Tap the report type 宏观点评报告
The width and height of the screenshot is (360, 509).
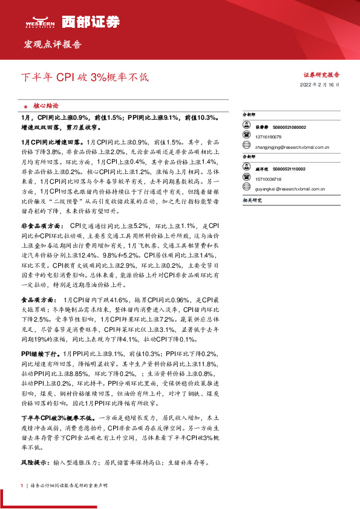coord(52,45)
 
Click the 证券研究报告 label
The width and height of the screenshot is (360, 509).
coord(321,75)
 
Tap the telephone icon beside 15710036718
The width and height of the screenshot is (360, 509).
coord(246,179)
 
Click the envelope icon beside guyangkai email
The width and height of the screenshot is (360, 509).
coord(246,188)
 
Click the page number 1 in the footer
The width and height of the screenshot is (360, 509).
coord(22,485)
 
